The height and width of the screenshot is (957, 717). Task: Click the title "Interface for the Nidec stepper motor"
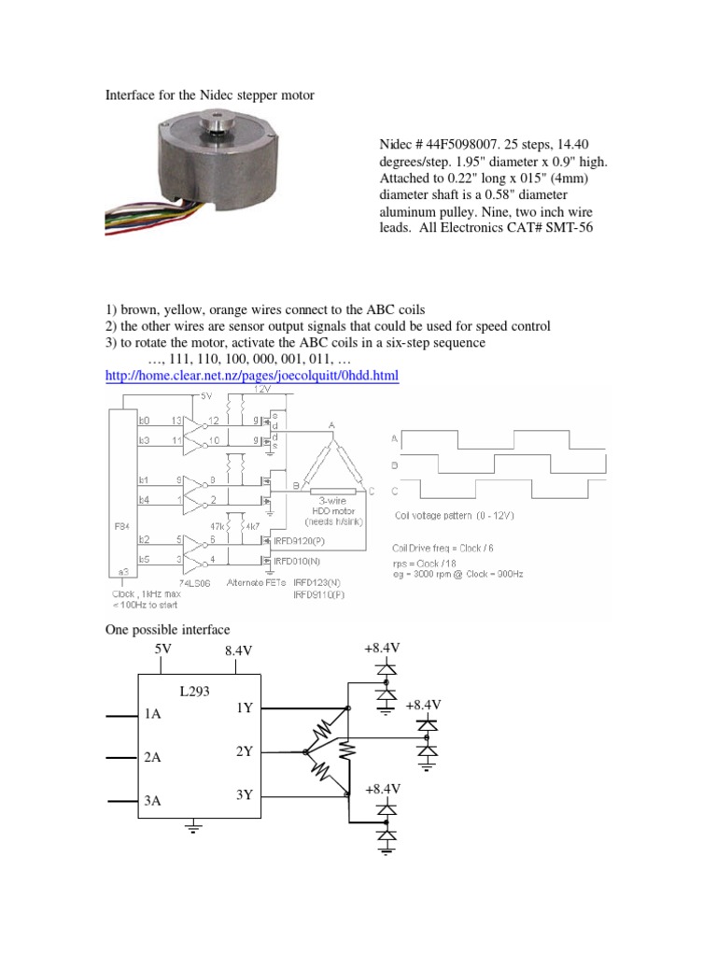pyautogui.click(x=209, y=95)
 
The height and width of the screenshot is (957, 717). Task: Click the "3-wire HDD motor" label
pyautogui.click(x=338, y=506)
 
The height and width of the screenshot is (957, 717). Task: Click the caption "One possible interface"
pyautogui.click(x=166, y=630)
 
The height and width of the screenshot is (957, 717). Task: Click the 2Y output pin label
pyautogui.click(x=244, y=751)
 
